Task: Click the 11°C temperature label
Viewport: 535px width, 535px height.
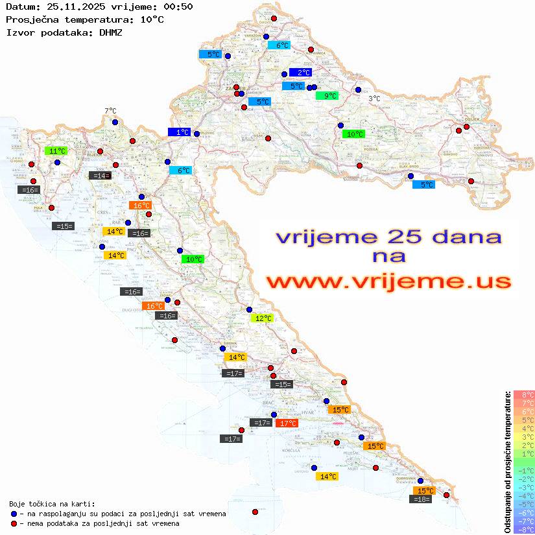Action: coord(57,151)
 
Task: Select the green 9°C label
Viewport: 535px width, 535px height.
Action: coord(327,96)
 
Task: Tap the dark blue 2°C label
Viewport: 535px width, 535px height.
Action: coord(301,73)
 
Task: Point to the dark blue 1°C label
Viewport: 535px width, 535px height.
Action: coord(179,132)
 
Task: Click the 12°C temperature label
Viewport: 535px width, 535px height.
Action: coord(262,318)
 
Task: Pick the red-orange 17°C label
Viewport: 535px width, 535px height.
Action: coord(287,423)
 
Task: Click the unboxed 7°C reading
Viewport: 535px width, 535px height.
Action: coord(110,111)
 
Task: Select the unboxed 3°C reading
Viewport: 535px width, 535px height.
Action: coord(374,99)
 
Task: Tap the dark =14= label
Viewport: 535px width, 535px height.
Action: coord(100,175)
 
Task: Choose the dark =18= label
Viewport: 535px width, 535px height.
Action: coord(422,499)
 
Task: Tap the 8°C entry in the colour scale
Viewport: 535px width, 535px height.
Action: coord(524,395)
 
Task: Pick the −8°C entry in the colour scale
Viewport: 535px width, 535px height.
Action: coord(524,529)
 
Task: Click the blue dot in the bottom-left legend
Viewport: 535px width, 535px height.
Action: coord(14,514)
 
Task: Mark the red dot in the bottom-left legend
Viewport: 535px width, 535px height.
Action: coord(14,523)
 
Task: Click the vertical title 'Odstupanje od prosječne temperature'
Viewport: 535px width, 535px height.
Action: coord(507,462)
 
